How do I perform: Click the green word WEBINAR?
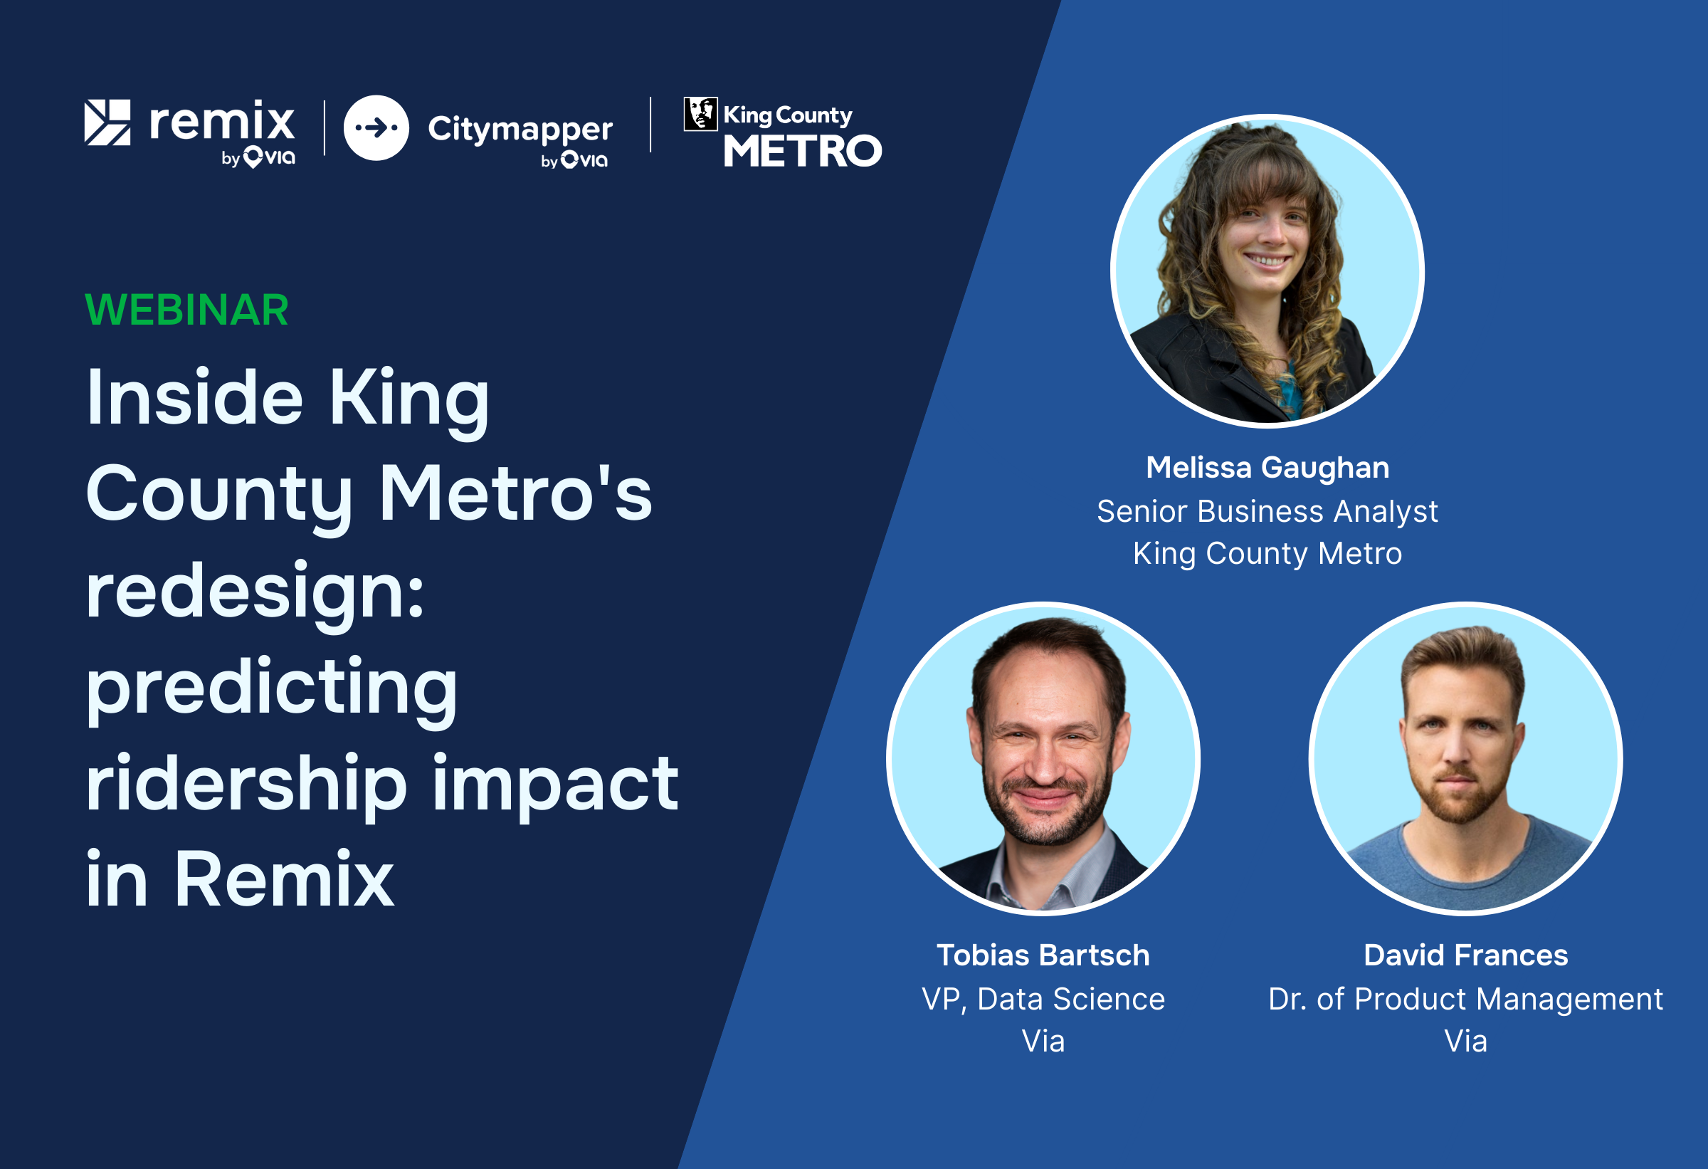[x=186, y=310]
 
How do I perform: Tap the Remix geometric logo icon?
[x=107, y=122]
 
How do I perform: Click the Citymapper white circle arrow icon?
[x=376, y=128]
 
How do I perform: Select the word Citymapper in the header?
[x=520, y=130]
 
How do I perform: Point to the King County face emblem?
[x=700, y=114]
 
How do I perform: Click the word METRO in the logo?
[x=803, y=152]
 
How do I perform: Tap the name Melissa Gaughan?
[x=1267, y=468]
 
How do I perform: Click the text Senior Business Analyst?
[x=1267, y=511]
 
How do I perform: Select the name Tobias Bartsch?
[x=1043, y=955]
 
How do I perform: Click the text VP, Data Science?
[x=1043, y=998]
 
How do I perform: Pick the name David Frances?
[x=1465, y=955]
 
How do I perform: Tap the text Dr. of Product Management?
[x=1465, y=998]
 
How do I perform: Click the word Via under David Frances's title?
[x=1465, y=1041]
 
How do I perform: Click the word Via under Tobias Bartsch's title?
[x=1043, y=1041]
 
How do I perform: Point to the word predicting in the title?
[x=272, y=688]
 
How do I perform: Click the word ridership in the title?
[x=246, y=784]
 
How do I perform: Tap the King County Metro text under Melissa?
[x=1267, y=554]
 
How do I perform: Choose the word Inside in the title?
[x=194, y=398]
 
